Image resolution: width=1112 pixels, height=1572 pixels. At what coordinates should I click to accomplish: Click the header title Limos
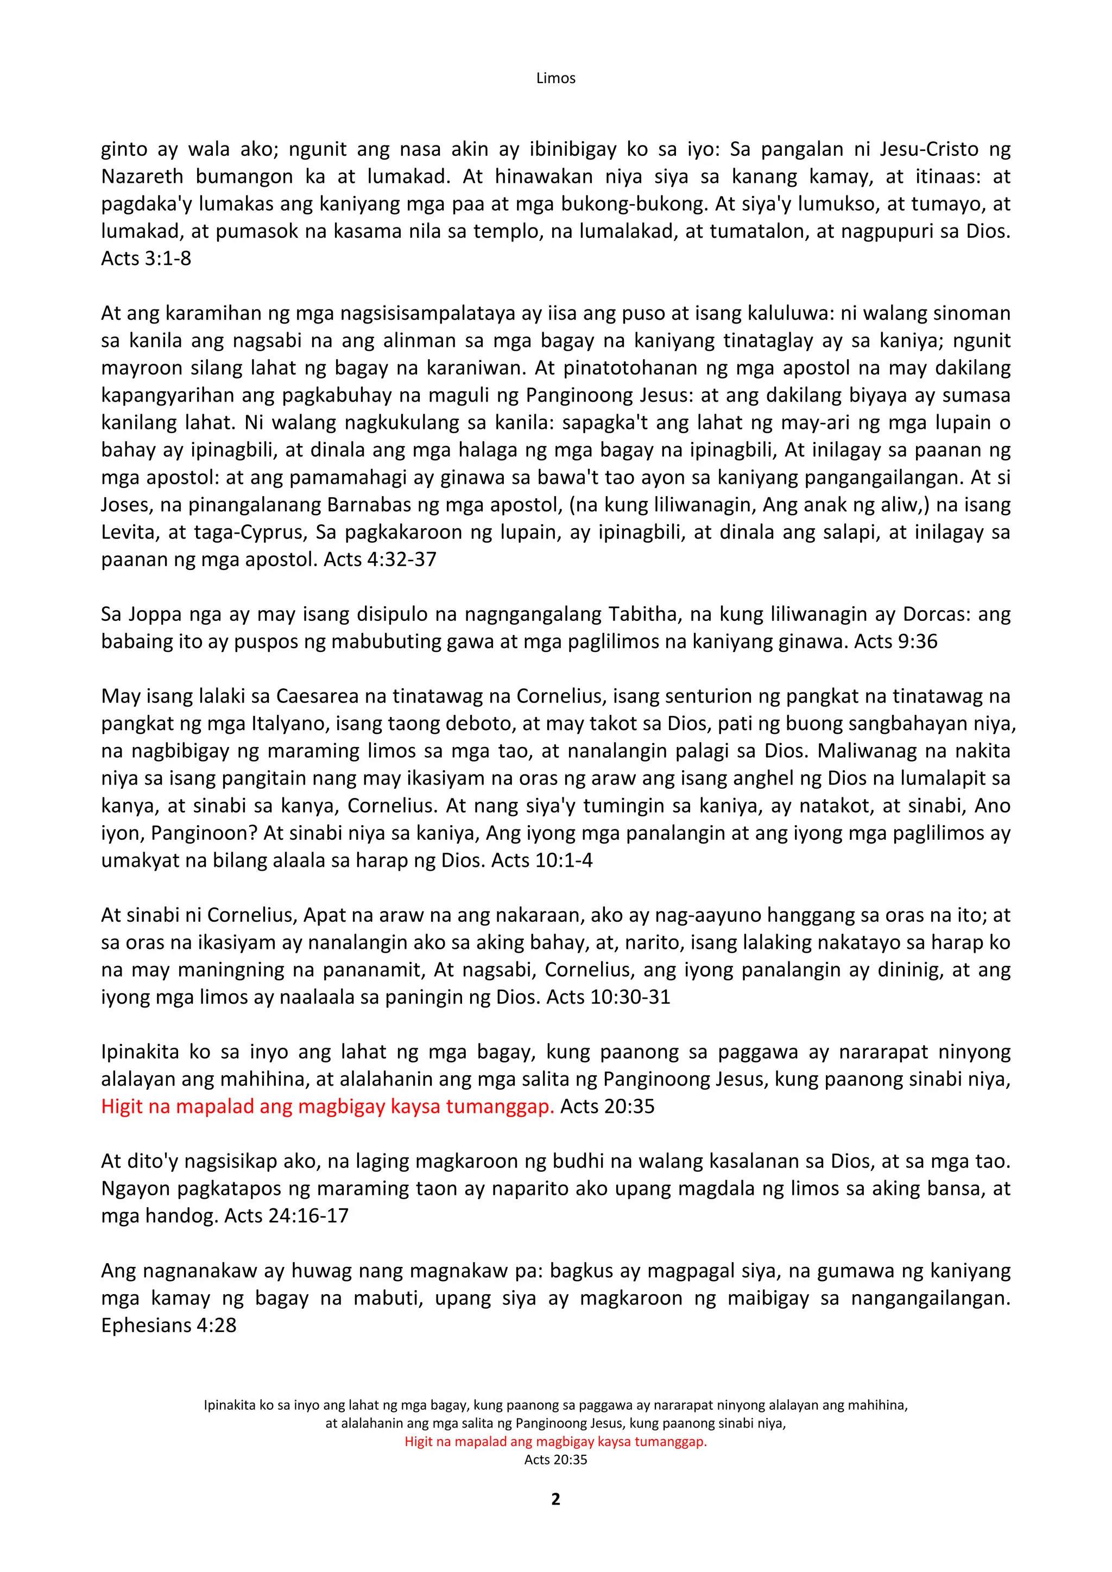pyautogui.click(x=555, y=78)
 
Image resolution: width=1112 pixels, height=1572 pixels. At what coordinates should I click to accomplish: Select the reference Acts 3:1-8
pyautogui.click(x=146, y=259)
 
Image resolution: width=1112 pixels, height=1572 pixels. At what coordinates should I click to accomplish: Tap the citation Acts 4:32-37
pyautogui.click(x=380, y=560)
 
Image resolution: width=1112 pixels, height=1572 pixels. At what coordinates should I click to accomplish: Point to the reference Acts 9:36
pyautogui.click(x=895, y=642)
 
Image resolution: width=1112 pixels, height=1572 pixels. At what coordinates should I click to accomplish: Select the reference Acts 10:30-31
pyautogui.click(x=608, y=997)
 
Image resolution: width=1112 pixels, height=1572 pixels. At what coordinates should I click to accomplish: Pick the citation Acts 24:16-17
pyautogui.click(x=287, y=1216)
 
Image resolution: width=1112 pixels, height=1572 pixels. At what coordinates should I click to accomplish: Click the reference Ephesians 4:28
pyautogui.click(x=168, y=1326)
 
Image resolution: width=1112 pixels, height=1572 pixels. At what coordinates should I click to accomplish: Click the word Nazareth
pyautogui.click(x=142, y=176)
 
